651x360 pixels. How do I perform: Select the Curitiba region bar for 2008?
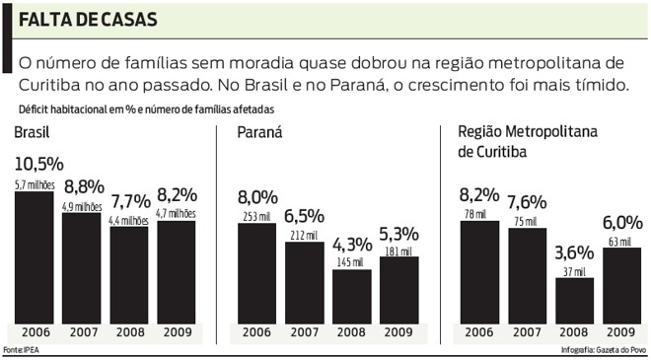(575, 300)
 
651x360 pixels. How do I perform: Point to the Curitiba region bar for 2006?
(479, 271)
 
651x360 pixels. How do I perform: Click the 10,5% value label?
(38, 164)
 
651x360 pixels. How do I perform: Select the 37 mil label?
(574, 270)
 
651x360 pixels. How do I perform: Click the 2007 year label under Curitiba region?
(527, 332)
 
